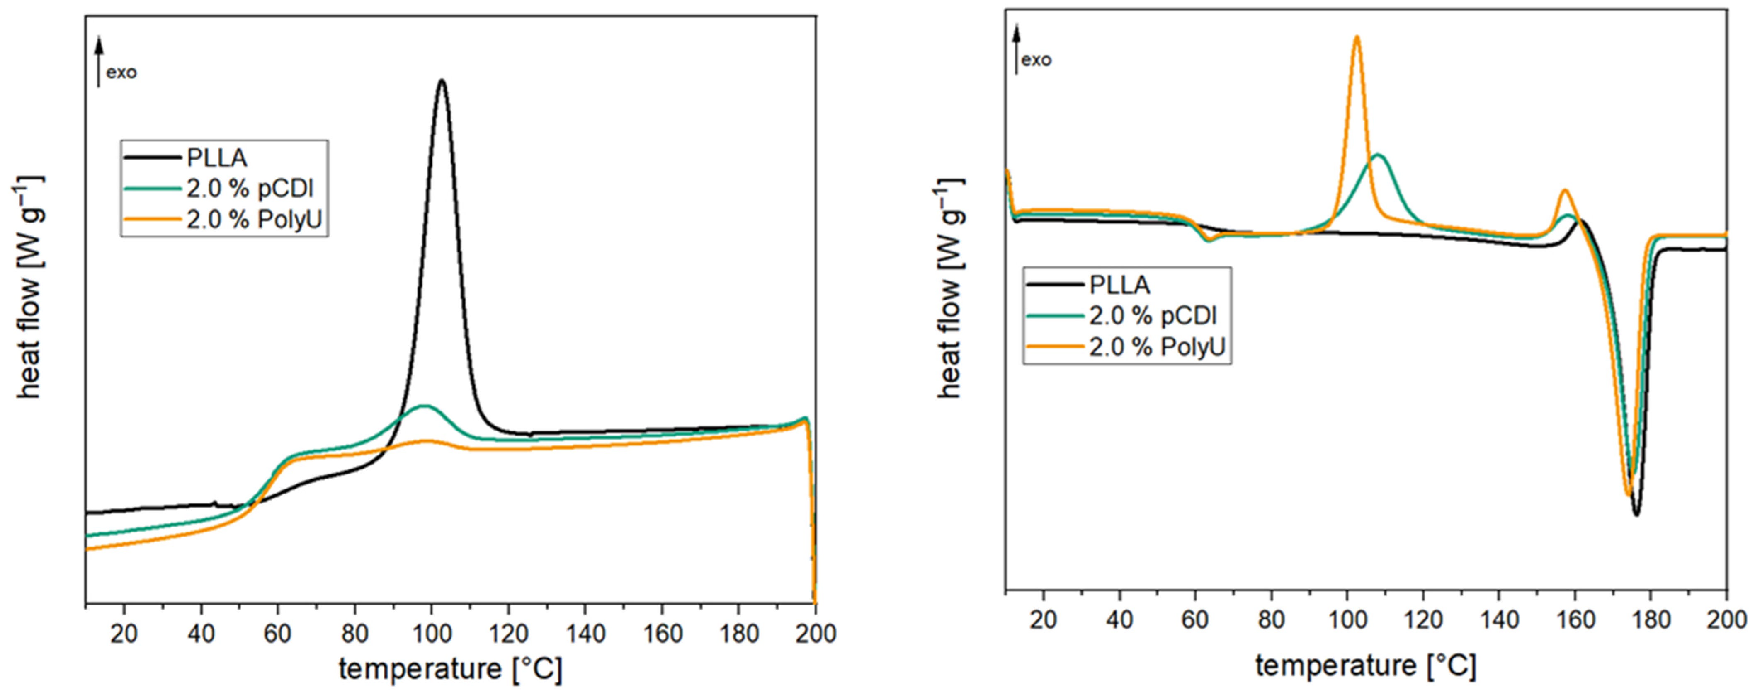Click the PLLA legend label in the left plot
pyautogui.click(x=217, y=158)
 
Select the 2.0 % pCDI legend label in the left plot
pyautogui.click(x=250, y=189)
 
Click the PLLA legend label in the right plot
pyautogui.click(x=1119, y=285)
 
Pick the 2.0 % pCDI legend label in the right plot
pyautogui.click(x=1153, y=315)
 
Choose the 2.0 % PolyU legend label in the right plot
pyautogui.click(x=1157, y=347)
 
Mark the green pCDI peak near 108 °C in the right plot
pyautogui.click(x=1378, y=155)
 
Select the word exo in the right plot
pyautogui.click(x=1036, y=60)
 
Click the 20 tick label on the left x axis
pyautogui.click(x=124, y=634)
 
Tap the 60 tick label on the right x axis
pyautogui.click(x=1194, y=620)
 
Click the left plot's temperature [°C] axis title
pyautogui.click(x=450, y=669)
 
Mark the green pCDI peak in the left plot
pyautogui.click(x=425, y=406)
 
